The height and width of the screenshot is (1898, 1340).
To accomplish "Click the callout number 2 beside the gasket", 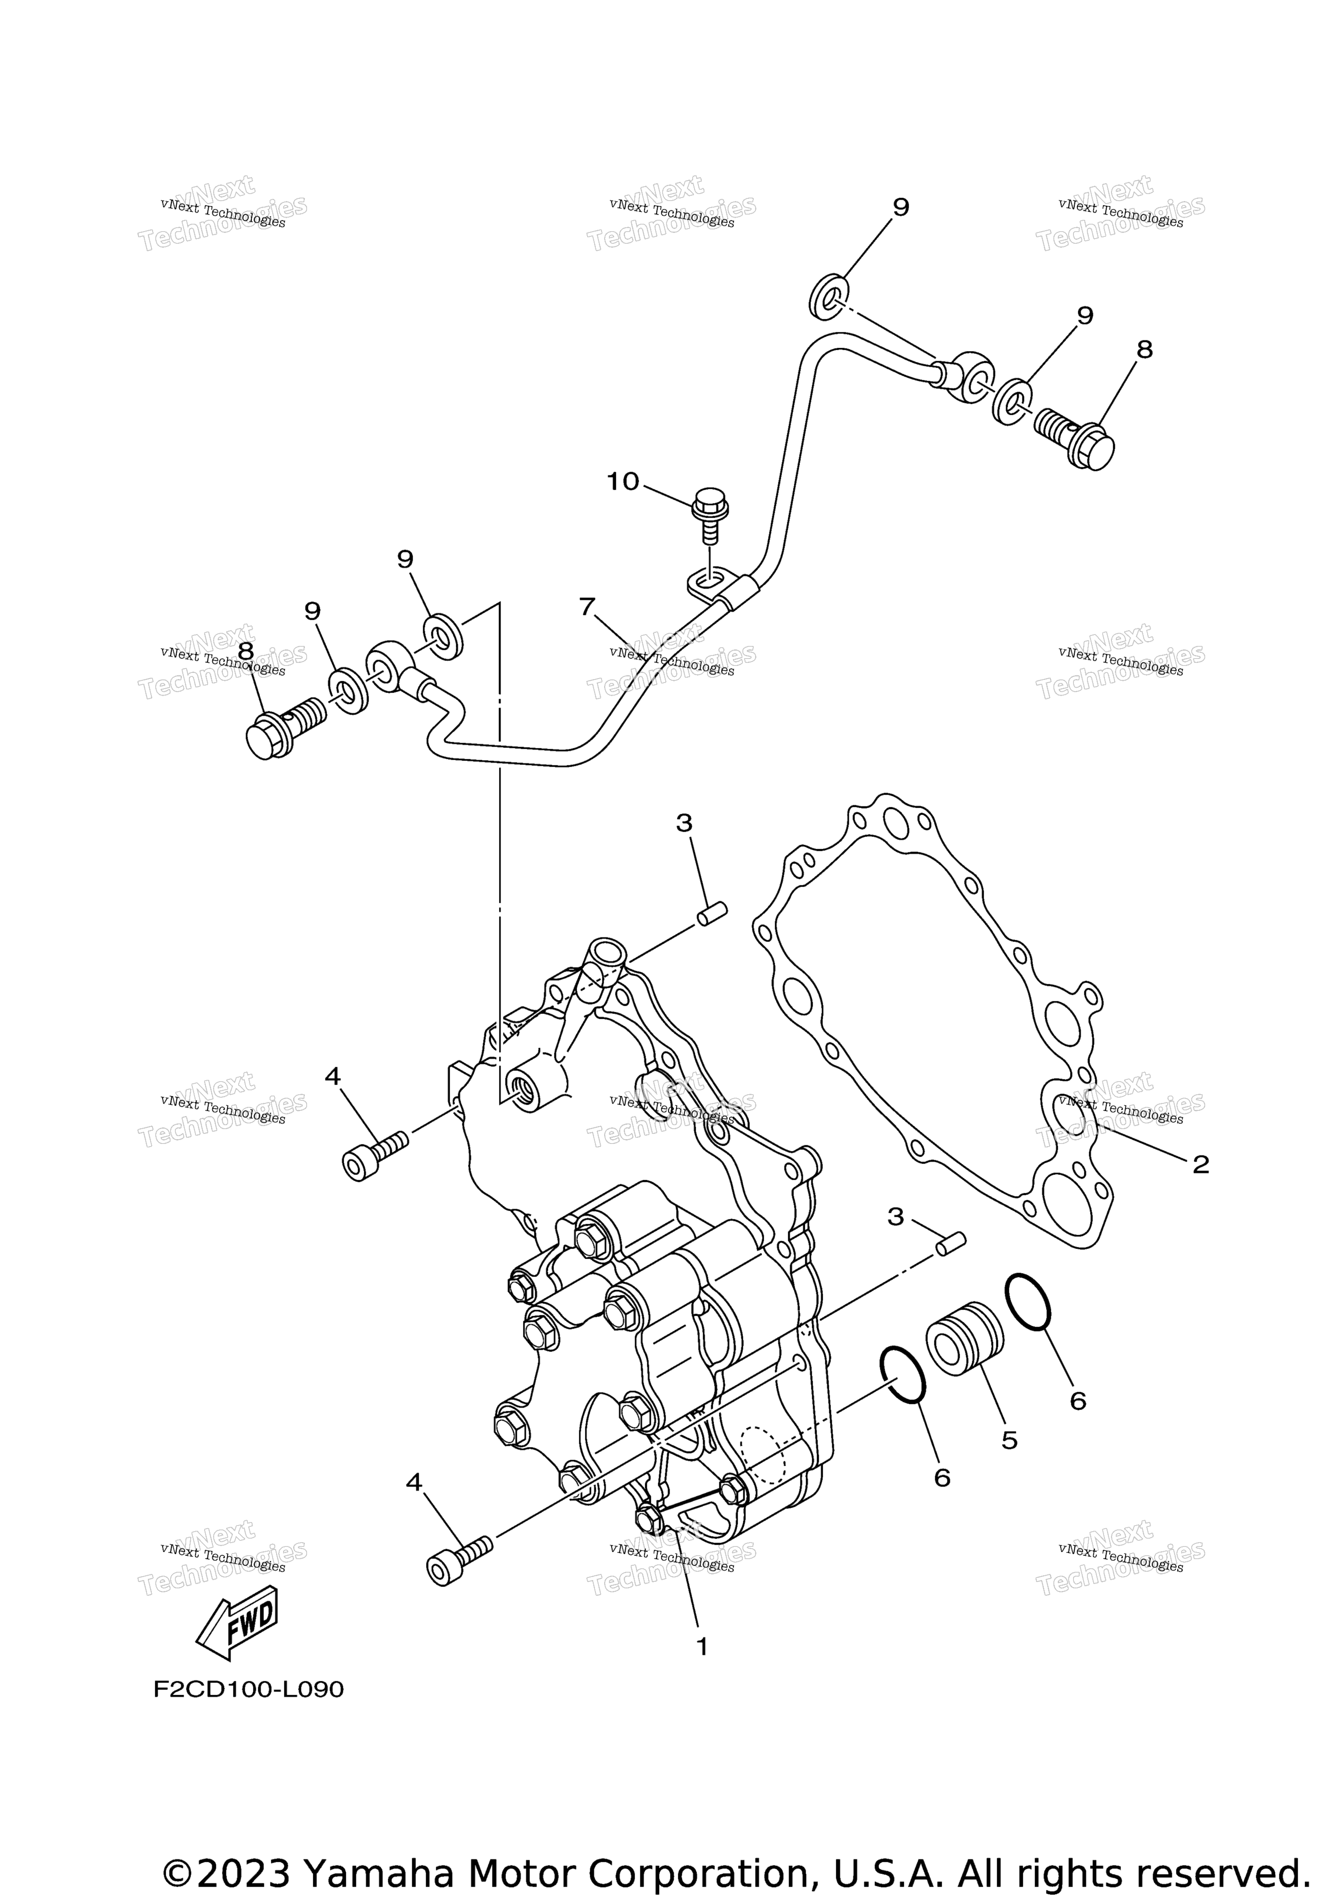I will pos(1200,1165).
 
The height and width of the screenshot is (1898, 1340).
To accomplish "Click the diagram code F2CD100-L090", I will pos(248,1689).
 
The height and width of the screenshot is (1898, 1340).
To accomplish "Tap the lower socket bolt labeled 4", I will pos(459,1559).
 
